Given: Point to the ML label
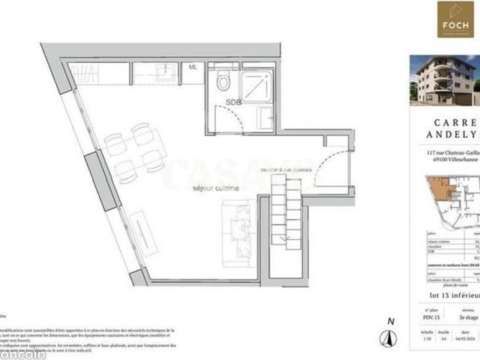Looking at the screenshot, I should click(193, 67).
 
